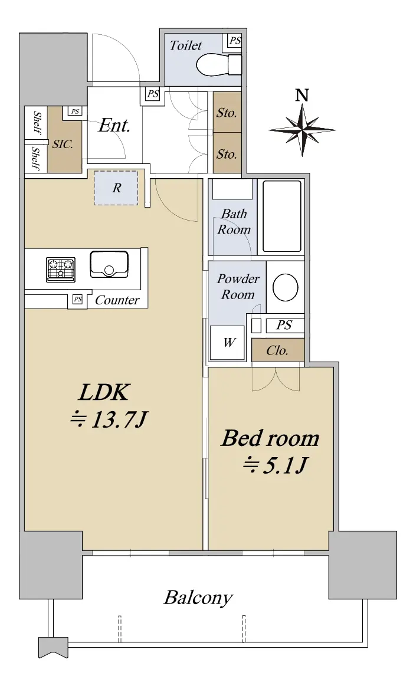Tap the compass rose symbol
coord(302,130)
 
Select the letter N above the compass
coord(302,95)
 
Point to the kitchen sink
coord(109,264)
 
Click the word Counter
coord(117,300)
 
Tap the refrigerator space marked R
coord(116,188)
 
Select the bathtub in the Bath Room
coord(282,216)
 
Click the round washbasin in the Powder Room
coord(285,287)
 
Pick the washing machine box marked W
coord(227,343)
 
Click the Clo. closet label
coord(277,350)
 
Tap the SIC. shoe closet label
coord(63,144)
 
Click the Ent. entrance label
coord(114,126)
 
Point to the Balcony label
coord(198,598)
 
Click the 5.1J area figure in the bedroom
coord(274,465)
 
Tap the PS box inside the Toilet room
coord(235,41)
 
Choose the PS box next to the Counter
coord(77,299)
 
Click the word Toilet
coord(186,45)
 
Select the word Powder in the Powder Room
coord(238,278)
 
